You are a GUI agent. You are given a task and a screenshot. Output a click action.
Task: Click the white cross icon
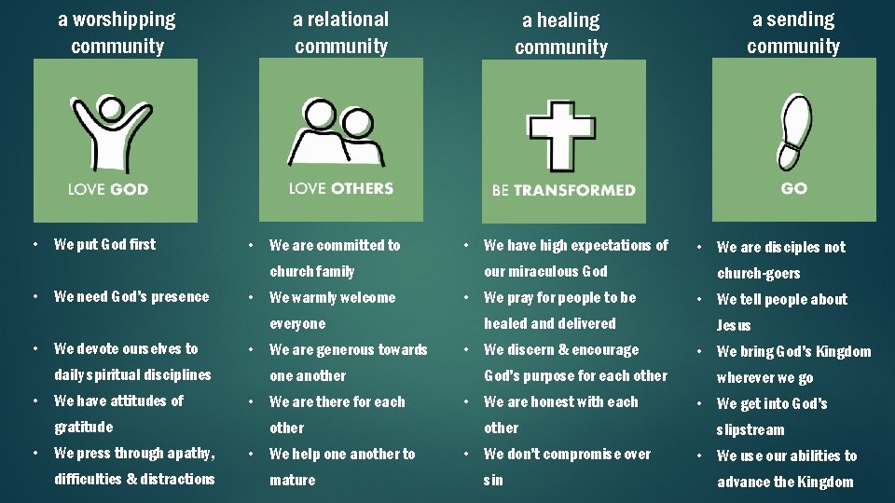(x=563, y=135)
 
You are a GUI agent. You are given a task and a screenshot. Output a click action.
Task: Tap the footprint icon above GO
(x=794, y=130)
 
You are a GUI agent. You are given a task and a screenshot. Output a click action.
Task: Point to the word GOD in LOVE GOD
(x=129, y=189)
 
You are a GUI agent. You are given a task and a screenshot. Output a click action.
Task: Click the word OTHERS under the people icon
(x=362, y=188)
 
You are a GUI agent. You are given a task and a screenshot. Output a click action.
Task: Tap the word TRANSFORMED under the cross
(x=576, y=190)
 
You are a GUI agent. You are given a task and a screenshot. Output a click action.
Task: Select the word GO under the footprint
(x=794, y=188)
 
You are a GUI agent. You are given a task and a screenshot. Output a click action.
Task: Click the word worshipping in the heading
(x=128, y=20)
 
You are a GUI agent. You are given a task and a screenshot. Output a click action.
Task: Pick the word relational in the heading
(x=352, y=20)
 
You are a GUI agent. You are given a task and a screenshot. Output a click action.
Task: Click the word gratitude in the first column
(x=83, y=427)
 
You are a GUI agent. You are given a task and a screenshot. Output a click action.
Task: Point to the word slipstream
(x=750, y=429)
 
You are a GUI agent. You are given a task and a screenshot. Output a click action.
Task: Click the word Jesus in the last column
(x=734, y=325)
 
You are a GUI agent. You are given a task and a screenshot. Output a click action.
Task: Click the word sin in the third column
(x=493, y=480)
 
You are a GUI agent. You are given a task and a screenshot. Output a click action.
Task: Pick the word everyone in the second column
(x=297, y=323)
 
